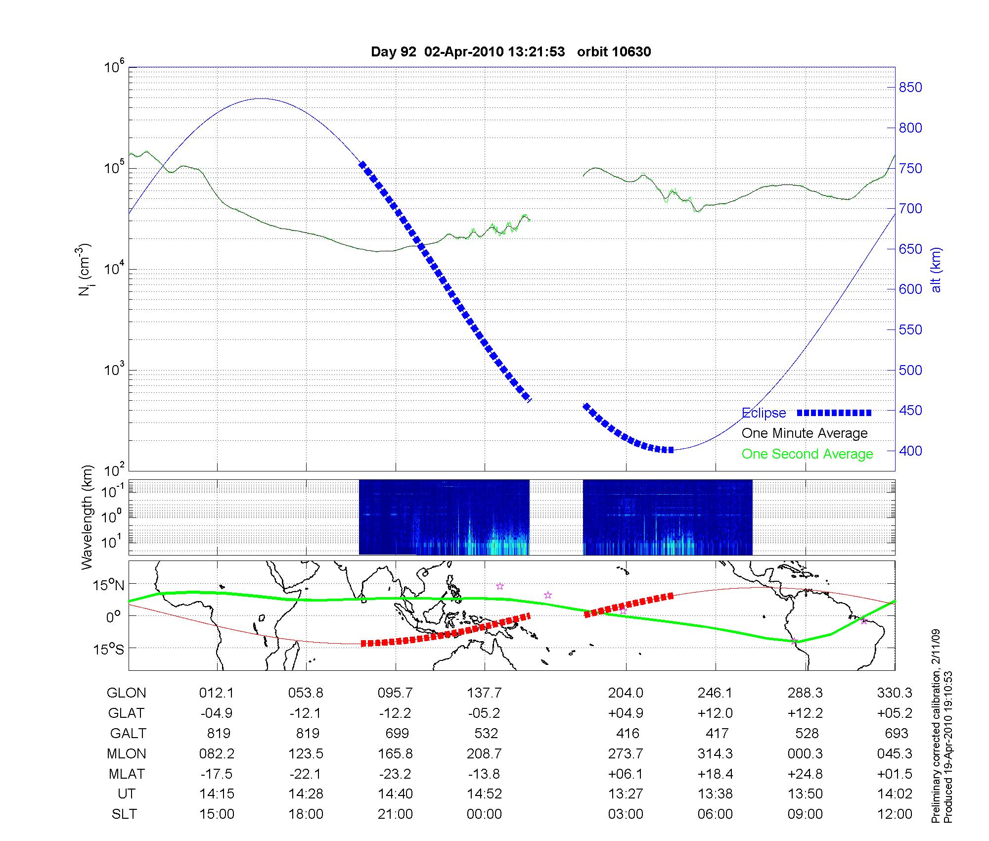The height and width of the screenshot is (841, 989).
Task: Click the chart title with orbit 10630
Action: tap(511, 51)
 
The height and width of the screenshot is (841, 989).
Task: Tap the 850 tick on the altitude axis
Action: tap(910, 88)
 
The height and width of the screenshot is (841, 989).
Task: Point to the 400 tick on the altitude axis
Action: tap(910, 451)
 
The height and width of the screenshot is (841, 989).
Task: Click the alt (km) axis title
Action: tap(936, 270)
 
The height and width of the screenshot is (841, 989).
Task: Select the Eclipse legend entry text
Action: tap(764, 413)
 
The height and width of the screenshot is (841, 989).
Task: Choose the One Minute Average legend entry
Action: tap(805, 433)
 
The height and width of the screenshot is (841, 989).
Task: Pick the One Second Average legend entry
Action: tap(807, 454)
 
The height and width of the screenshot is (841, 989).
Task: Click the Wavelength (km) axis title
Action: tap(87, 517)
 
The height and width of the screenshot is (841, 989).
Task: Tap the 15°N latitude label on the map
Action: tap(108, 586)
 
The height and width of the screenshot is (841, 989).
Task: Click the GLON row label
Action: tap(126, 693)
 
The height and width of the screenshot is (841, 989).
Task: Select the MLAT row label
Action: tap(126, 774)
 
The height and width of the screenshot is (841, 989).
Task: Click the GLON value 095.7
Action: tap(395, 693)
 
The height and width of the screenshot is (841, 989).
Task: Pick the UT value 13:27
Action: tap(626, 794)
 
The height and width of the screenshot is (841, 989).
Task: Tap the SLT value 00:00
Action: tap(484, 814)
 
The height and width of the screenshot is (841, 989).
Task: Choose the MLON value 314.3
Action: tap(715, 754)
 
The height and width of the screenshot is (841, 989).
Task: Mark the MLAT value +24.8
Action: tap(805, 774)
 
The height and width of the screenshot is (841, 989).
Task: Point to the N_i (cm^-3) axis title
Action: tap(85, 270)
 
